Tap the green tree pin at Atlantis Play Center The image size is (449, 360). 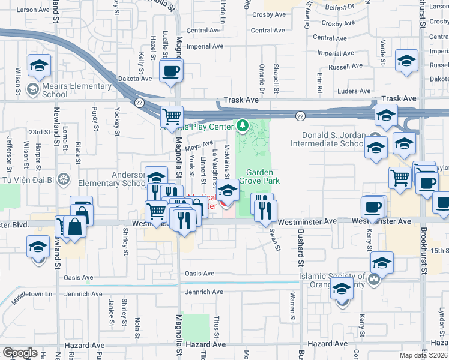point(243,126)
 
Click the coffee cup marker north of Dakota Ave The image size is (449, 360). point(172,71)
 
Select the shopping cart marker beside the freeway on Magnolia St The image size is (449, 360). point(172,116)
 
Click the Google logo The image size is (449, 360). point(20,353)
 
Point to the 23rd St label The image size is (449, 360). point(40,132)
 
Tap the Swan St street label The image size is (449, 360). point(276,239)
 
